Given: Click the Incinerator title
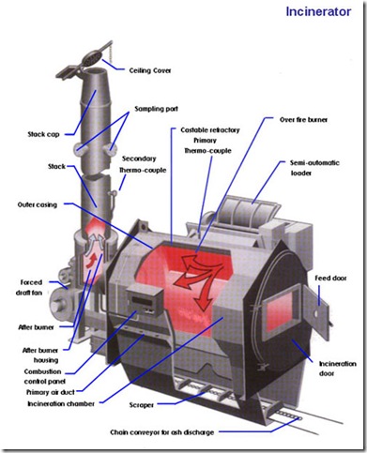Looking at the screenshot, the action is (318, 11).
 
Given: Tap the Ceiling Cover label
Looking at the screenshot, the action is (150, 70).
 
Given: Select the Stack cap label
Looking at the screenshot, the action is (43, 134).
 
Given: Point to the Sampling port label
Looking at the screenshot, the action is (156, 109).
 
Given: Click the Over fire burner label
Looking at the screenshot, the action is (303, 119).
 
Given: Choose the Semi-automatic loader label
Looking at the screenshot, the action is (314, 168).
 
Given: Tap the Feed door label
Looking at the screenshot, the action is (330, 278).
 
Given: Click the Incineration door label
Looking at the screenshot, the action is (337, 369).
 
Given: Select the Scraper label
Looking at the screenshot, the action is (142, 405).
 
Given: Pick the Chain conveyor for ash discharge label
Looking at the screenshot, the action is (162, 432).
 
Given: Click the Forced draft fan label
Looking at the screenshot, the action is (29, 288).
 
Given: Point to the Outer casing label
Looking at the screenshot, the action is (38, 204).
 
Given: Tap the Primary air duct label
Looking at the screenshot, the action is (51, 392).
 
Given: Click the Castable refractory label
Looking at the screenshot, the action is (210, 129).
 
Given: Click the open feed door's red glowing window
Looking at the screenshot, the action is (279, 313).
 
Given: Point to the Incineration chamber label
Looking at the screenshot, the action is (61, 403).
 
